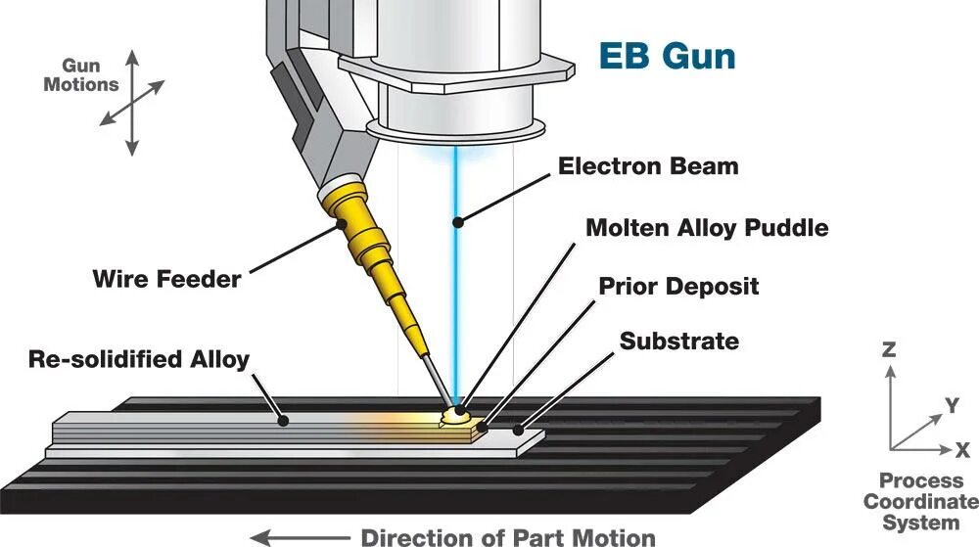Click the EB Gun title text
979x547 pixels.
[667, 56]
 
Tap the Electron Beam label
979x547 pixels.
[648, 165]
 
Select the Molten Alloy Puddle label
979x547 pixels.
[707, 228]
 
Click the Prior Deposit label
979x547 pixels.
[678, 286]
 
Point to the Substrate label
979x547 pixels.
[678, 342]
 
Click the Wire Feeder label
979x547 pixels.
[166, 279]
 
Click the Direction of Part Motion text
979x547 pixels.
[508, 537]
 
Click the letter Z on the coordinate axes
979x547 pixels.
[889, 349]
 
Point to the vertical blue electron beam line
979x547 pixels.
[455, 274]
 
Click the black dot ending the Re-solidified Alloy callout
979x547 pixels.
[283, 421]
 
